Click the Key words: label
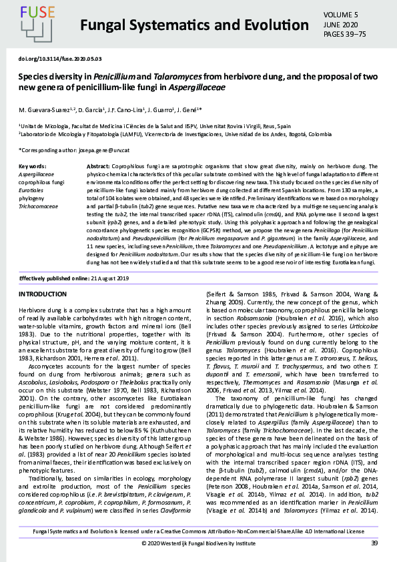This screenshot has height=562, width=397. [33, 165]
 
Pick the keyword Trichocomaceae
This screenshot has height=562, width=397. [39, 207]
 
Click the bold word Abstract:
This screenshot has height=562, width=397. [99, 165]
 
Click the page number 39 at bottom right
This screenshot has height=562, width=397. [375, 543]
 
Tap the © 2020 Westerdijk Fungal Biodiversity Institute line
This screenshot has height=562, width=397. [198, 543]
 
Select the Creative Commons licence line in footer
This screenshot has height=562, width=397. [198, 531]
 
